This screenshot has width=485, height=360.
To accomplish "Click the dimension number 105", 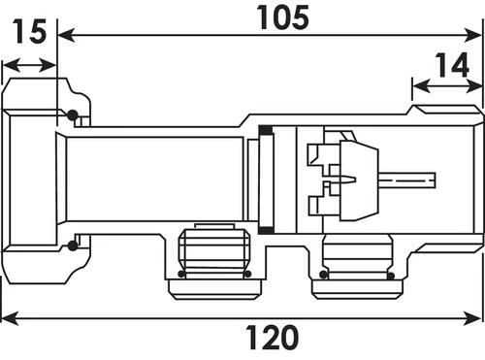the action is (x=282, y=17).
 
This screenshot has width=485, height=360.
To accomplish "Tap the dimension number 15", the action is (x=29, y=31).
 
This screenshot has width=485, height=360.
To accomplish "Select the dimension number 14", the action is (x=452, y=65).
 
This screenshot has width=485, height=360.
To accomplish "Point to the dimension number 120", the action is (x=272, y=337).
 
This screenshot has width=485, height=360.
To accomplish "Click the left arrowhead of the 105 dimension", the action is (x=66, y=35).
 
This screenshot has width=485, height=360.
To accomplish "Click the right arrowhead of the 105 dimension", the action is (x=472, y=35).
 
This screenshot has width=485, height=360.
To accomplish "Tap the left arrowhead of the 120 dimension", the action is (x=10, y=318).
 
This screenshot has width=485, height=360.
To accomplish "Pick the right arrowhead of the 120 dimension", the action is (x=472, y=318).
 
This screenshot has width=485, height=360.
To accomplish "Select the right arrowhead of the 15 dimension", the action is (x=48, y=66).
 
